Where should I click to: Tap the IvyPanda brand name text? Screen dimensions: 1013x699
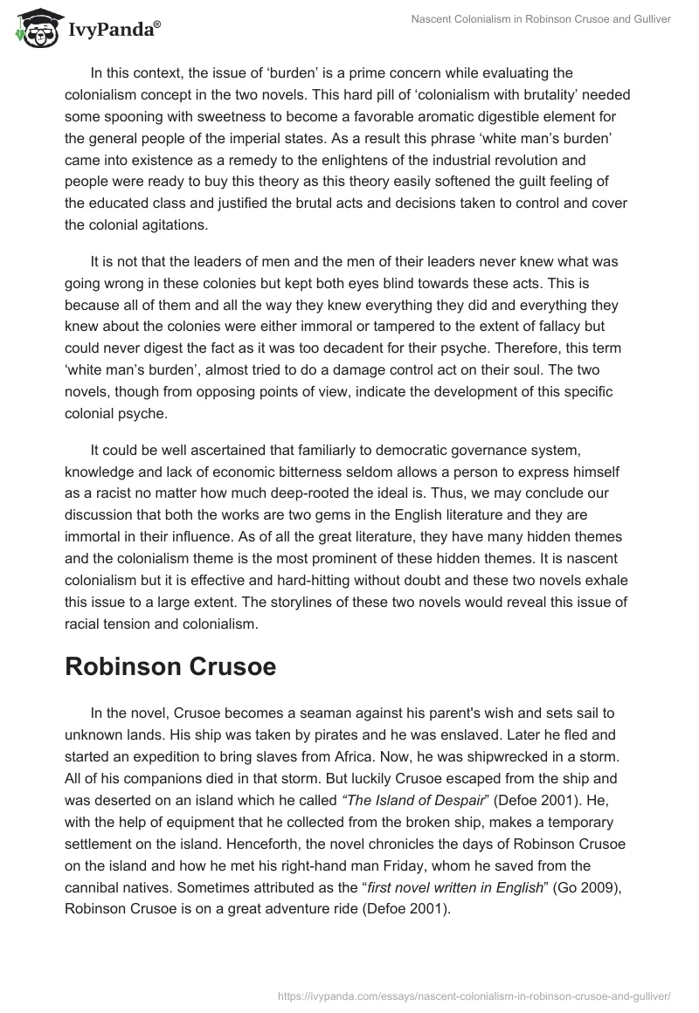pos(114,30)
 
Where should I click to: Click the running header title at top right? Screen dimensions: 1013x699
pos(543,18)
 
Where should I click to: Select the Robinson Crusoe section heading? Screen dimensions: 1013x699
pos(170,666)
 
